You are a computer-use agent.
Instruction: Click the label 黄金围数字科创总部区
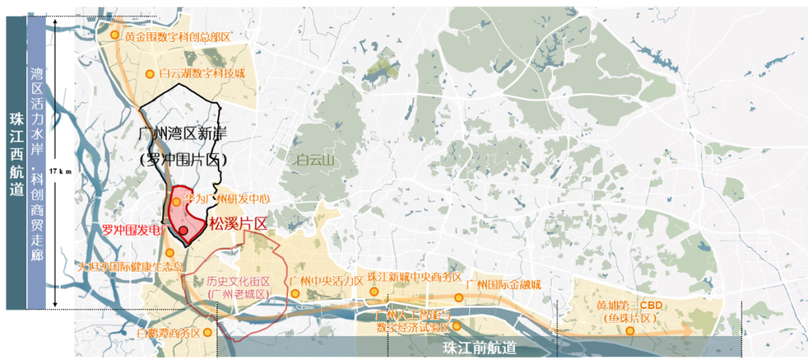[x=177, y=36]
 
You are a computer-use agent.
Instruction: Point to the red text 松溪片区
[x=238, y=224]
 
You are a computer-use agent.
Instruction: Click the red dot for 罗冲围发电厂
[x=183, y=231]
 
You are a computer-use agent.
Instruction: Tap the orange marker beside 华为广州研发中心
[x=176, y=202]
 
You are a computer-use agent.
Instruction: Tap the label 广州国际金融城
[x=503, y=284]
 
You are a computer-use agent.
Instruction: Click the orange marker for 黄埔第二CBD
[x=629, y=330]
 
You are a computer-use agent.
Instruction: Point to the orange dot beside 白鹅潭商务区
[x=207, y=332]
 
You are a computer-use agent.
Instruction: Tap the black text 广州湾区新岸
[x=183, y=135]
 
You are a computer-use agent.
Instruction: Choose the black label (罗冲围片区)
[x=183, y=159]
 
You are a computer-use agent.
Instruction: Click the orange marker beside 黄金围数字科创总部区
[x=114, y=34]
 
